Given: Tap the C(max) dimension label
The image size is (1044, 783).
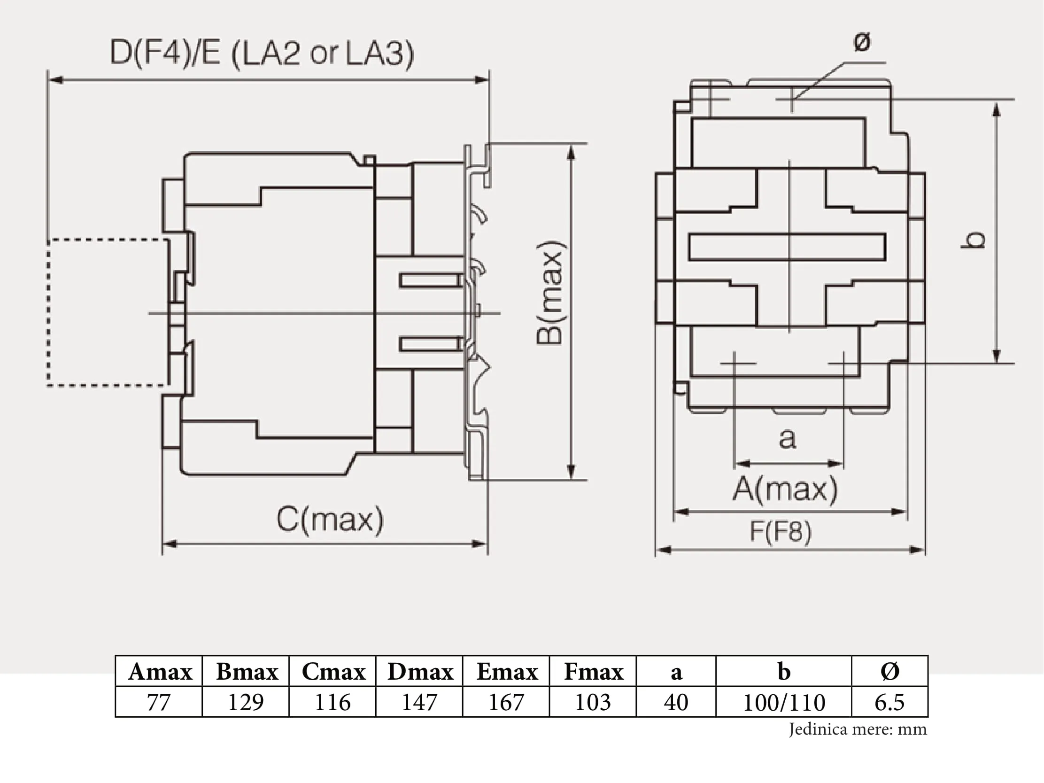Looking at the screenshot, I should [x=330, y=519].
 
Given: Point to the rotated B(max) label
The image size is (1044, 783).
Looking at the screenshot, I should [x=550, y=293].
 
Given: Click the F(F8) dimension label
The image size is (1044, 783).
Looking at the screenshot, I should [x=781, y=531].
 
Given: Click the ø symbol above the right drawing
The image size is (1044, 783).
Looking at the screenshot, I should [x=862, y=42].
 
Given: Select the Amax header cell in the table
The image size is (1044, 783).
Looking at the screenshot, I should [x=160, y=671].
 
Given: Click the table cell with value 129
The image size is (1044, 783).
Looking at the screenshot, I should [x=246, y=702].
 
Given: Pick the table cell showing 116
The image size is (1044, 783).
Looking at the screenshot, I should [x=333, y=702].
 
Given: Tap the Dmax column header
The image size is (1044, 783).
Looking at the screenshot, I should [x=419, y=671].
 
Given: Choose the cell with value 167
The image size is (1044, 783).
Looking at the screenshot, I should [x=506, y=702].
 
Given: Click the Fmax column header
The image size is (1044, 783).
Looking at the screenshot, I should [x=593, y=671].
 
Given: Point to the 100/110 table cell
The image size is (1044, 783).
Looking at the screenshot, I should [x=784, y=702].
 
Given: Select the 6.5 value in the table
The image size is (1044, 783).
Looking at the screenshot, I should [x=889, y=702].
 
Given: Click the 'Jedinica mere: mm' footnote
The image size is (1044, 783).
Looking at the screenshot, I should [x=858, y=729].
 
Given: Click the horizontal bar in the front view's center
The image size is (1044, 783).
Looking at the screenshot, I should [x=787, y=247].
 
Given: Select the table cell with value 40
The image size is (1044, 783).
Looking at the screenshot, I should [x=676, y=702].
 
